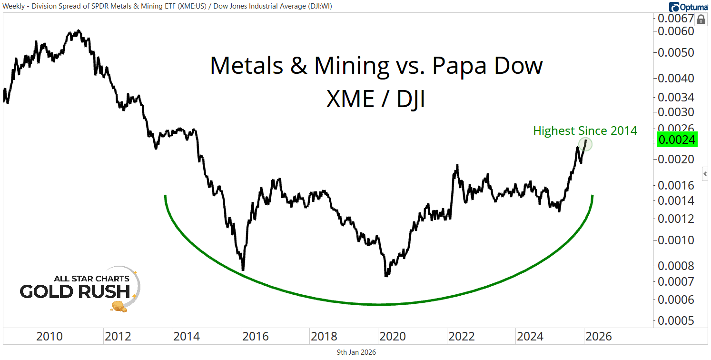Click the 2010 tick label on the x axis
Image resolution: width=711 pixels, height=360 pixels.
49,337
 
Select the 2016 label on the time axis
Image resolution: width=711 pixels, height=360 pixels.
255,337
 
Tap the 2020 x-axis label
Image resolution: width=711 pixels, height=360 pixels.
392,337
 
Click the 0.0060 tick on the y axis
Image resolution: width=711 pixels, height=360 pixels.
676,31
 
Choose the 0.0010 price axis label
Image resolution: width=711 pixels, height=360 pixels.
676,240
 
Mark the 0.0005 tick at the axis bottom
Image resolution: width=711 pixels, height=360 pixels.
676,320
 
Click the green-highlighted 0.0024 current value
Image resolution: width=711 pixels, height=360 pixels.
676,140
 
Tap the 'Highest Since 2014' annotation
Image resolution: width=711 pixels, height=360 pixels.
585,130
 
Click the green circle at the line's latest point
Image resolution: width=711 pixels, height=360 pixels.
586,144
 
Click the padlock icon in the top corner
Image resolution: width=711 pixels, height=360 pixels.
701,20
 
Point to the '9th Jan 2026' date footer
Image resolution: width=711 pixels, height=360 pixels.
355,352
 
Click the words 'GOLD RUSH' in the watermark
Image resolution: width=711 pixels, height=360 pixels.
75,291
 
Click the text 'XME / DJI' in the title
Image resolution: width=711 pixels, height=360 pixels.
375,100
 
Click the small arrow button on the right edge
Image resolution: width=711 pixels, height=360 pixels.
705,173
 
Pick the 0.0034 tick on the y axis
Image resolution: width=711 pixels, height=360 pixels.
676,98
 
